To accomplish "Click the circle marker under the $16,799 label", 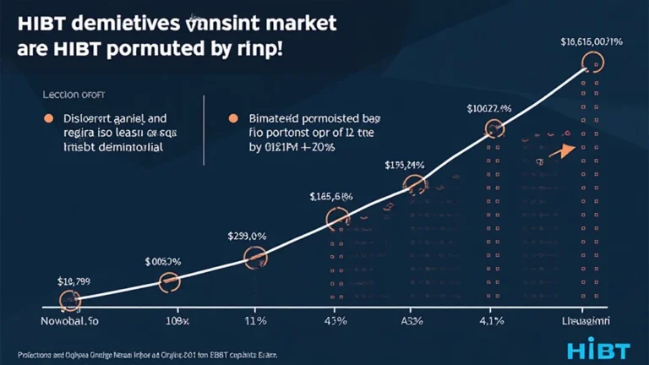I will (69, 300).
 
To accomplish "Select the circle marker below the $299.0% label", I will (255, 258).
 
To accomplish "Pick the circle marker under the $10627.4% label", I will (494, 128).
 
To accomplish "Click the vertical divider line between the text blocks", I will (205, 127).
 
